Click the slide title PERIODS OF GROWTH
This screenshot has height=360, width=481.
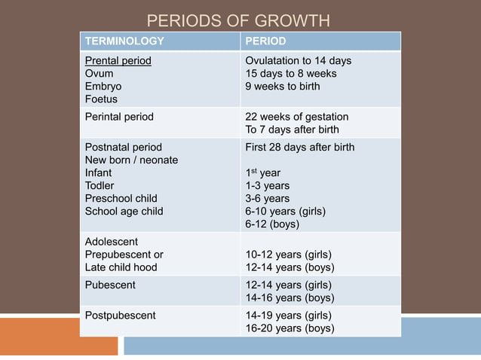237,20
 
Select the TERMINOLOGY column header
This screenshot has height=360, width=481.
124,41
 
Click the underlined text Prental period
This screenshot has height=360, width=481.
118,60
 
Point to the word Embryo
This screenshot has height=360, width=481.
103,86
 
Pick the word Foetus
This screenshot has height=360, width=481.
101,99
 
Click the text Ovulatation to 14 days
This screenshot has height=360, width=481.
298,60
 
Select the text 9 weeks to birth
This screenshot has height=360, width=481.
282,86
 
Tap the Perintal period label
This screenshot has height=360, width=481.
119,117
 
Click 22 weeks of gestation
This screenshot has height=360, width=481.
296,117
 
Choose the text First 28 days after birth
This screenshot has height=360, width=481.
299,147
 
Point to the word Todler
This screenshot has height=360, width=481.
100,185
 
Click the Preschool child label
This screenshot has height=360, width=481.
121,198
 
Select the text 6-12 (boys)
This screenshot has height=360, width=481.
272,224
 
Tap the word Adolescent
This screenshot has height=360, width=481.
112,242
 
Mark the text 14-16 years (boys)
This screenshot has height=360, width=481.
290,297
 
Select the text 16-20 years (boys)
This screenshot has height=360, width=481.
290,328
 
